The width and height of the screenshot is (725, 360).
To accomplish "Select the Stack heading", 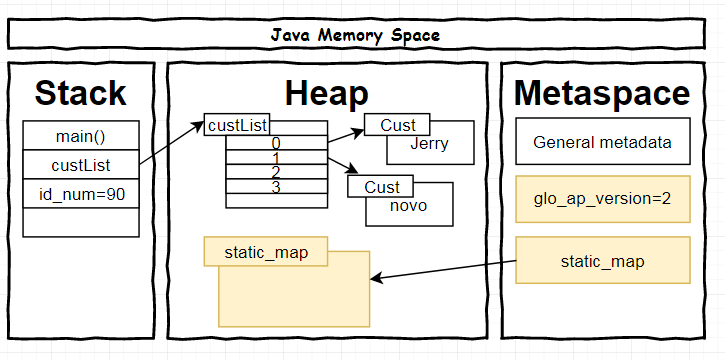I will (x=81, y=92).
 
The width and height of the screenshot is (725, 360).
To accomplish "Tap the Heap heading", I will (x=326, y=92).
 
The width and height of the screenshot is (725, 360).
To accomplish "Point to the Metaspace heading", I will (x=602, y=92).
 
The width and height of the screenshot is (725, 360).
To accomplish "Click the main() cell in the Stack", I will (x=81, y=135).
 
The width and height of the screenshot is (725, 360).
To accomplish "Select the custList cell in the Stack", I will (x=81, y=164).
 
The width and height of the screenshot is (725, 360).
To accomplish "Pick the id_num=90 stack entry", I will (x=81, y=193).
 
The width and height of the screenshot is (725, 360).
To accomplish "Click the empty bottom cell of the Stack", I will (x=81, y=222).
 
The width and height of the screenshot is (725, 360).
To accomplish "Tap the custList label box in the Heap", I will (x=236, y=125).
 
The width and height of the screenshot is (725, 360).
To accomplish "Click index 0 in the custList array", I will (x=276, y=144).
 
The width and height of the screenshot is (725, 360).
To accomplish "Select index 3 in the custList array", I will (x=276, y=186).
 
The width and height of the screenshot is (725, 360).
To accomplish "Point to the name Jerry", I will (x=430, y=144).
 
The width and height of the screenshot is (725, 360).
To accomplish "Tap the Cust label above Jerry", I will (x=397, y=125).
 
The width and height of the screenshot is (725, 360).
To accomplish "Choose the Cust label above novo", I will (x=381, y=187).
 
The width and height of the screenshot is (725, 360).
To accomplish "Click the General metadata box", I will (x=602, y=142).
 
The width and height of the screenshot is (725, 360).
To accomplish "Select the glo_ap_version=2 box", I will (x=602, y=199).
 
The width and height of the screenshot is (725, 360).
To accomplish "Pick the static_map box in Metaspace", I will (x=602, y=261).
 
